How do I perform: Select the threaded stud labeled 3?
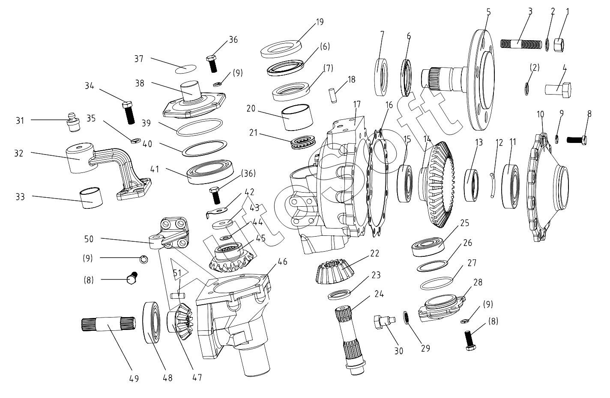click(521, 44)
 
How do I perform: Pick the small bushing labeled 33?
click(91, 199)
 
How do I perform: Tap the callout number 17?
click(357, 104)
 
